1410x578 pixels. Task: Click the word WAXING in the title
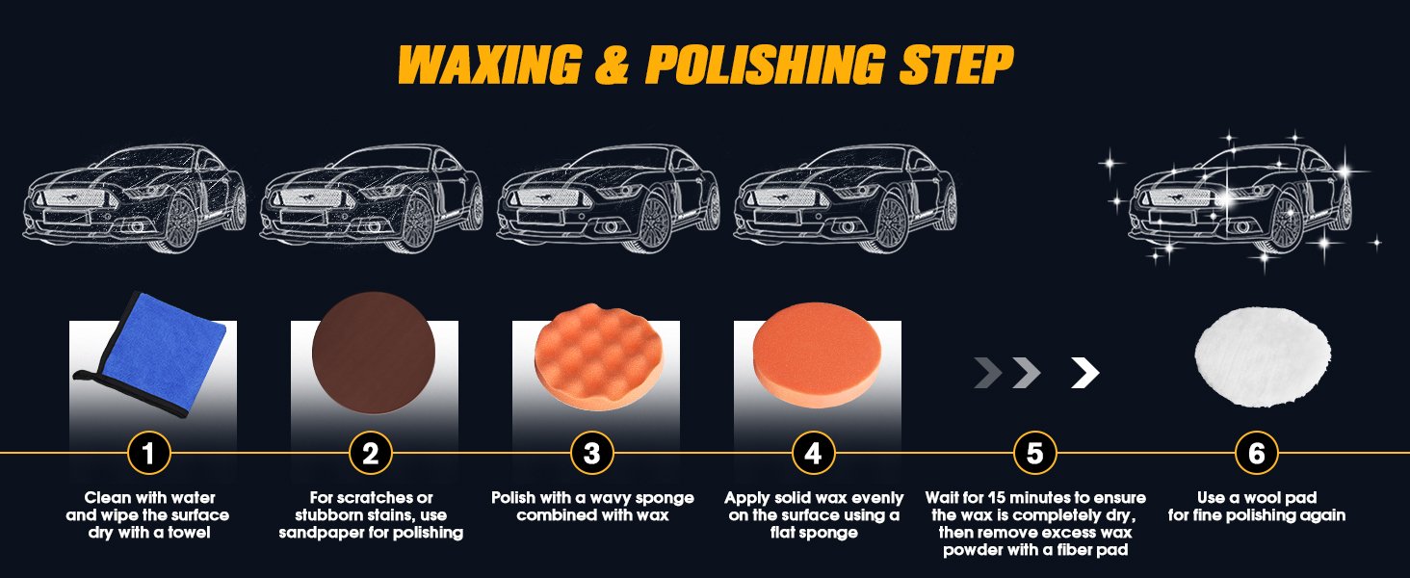tap(489, 65)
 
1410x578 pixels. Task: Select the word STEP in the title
tap(956, 65)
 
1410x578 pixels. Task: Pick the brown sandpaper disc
tap(374, 353)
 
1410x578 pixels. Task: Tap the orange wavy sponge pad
tap(599, 356)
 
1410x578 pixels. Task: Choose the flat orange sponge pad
tap(816, 356)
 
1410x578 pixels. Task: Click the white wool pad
tap(1262, 357)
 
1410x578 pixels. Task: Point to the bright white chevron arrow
tap(1085, 373)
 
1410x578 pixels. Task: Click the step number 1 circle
tap(148, 453)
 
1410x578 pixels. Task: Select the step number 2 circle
tap(371, 453)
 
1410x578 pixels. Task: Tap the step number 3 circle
tap(592, 453)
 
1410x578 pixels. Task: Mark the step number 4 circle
tap(814, 453)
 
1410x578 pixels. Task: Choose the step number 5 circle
tap(1035, 453)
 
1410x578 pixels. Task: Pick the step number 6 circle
tap(1257, 453)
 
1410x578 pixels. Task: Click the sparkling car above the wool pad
tap(1240, 198)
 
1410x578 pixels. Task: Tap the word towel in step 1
tap(189, 533)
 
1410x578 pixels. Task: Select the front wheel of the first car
tap(180, 221)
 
